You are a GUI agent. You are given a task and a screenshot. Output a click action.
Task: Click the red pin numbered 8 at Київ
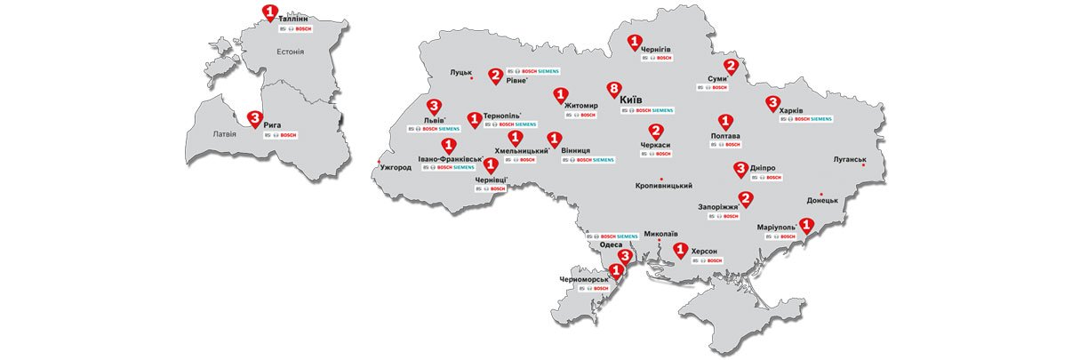tap(612, 90)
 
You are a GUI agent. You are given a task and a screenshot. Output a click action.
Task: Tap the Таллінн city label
tap(294, 18)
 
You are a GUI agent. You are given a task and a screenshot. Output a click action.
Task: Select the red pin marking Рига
tap(254, 117)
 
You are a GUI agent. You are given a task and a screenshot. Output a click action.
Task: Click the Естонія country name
tap(290, 52)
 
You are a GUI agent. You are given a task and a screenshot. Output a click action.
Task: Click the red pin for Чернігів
tap(635, 42)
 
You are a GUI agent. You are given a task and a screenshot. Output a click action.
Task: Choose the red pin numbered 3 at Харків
tap(772, 103)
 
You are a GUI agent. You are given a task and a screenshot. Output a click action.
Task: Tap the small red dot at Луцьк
tap(471, 80)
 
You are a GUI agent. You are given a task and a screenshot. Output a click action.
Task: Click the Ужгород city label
tap(396, 167)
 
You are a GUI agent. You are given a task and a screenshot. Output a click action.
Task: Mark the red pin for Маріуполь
tap(806, 227)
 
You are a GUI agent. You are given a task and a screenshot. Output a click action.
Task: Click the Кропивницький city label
tap(664, 186)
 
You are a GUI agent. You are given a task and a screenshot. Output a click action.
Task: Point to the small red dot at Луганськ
tap(862, 166)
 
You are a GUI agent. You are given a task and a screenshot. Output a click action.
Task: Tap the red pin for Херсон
tap(680, 251)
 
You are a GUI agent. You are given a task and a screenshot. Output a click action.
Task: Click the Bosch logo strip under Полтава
tap(726, 144)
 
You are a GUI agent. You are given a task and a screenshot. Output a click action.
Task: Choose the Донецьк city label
tap(822, 201)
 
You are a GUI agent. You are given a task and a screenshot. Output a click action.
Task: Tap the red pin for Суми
tap(731, 67)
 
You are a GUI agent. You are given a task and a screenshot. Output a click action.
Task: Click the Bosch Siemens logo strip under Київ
tap(648, 110)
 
